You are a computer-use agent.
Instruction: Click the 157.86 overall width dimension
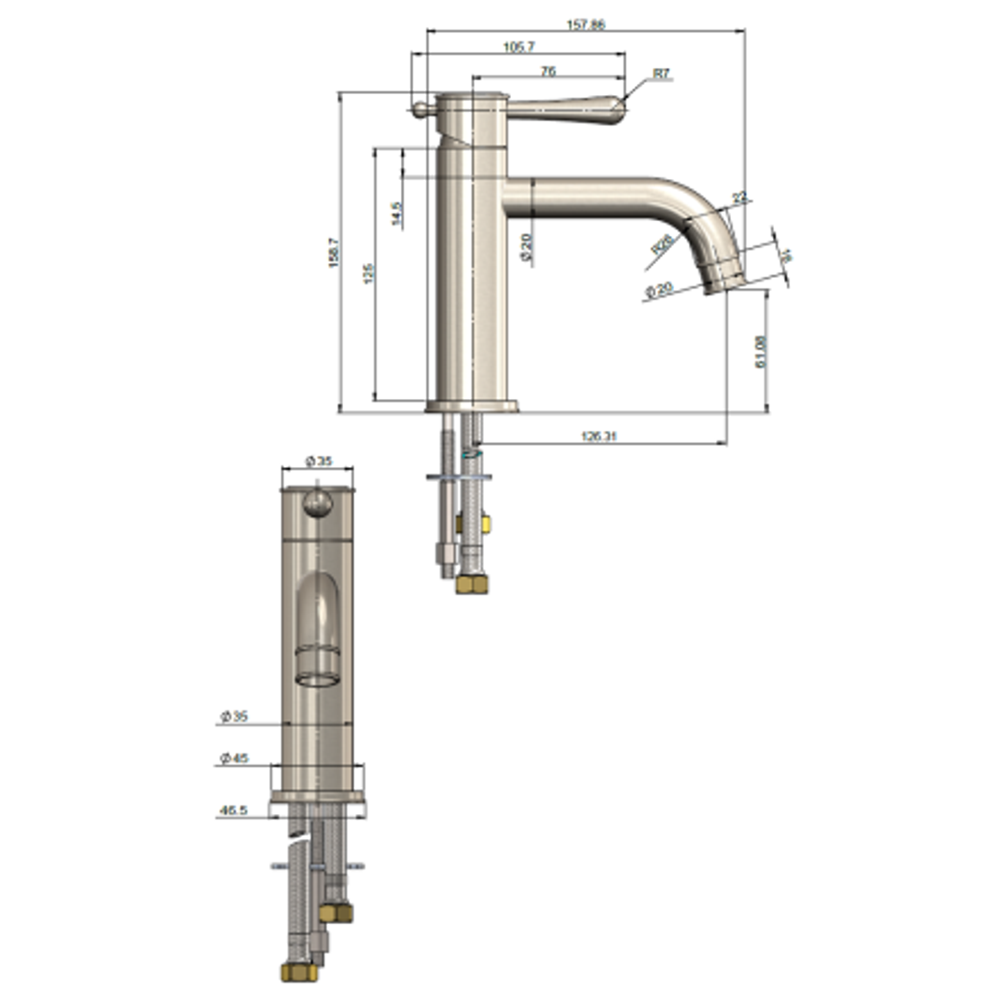[x=586, y=24]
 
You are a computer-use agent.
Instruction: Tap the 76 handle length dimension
[x=548, y=71]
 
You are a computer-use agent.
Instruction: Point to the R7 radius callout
[x=661, y=73]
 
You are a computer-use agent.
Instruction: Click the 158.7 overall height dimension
[x=333, y=253]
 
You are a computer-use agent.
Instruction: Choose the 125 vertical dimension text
[x=368, y=274]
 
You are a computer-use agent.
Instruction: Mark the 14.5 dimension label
[x=397, y=214]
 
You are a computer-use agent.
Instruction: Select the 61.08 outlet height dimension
[x=761, y=352]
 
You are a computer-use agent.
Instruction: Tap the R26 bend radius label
[x=662, y=244]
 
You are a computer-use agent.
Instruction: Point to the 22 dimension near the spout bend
[x=739, y=198]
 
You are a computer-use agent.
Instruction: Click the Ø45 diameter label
[x=233, y=759]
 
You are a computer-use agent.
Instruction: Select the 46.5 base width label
[x=232, y=811]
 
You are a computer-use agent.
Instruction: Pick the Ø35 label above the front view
[x=318, y=461]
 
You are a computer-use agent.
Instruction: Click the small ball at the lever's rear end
[x=420, y=109]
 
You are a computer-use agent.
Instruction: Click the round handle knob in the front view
[x=318, y=504]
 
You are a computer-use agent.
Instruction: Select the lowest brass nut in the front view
[x=298, y=972]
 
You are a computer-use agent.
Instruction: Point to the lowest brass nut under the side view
[x=473, y=585]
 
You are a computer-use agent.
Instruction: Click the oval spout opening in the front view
[x=318, y=678]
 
